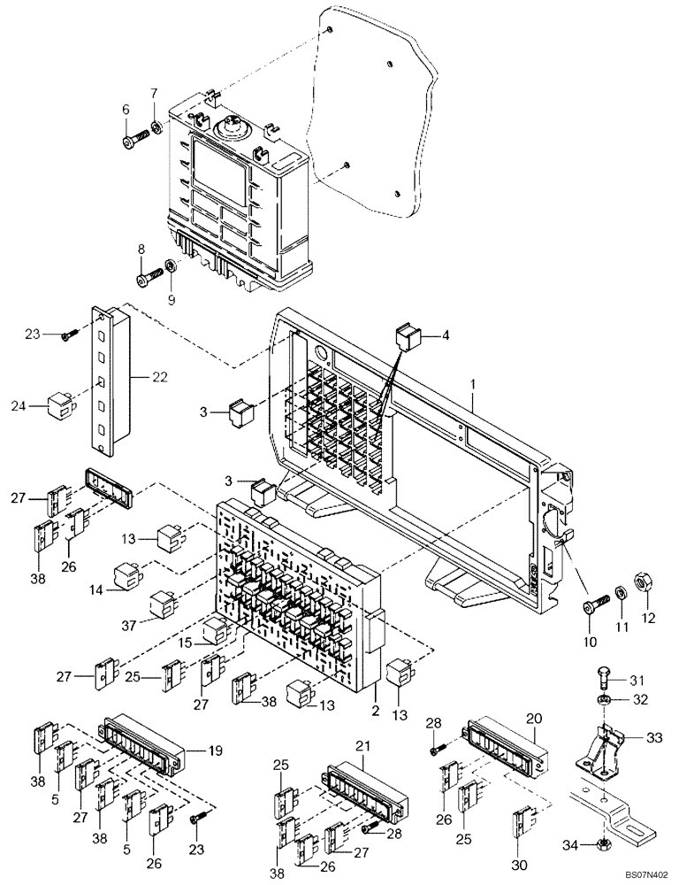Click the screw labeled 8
click(149, 281)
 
